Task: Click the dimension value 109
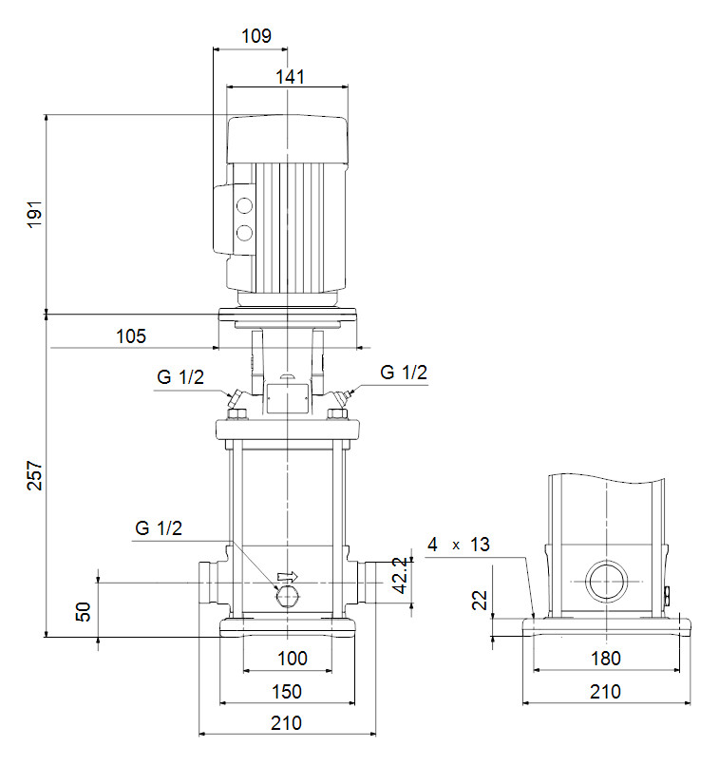(x=256, y=36)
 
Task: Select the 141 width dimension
(x=290, y=77)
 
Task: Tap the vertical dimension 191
(x=34, y=214)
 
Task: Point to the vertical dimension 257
(x=34, y=475)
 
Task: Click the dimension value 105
(x=131, y=336)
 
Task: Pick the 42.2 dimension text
(x=401, y=575)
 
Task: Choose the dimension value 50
(x=84, y=612)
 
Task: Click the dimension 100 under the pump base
(x=293, y=658)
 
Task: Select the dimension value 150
(x=287, y=691)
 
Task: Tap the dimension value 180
(x=606, y=658)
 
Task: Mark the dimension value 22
(x=480, y=600)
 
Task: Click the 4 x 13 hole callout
(x=459, y=545)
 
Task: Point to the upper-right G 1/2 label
(x=404, y=373)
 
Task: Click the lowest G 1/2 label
(x=159, y=528)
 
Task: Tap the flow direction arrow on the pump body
(x=287, y=577)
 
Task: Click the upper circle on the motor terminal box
(x=244, y=205)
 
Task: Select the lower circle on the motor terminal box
(x=244, y=233)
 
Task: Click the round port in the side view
(x=606, y=582)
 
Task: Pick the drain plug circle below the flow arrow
(x=287, y=596)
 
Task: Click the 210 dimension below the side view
(x=605, y=691)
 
